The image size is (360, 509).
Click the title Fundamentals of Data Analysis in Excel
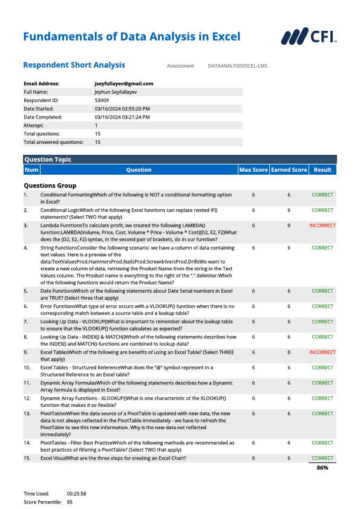[131, 37]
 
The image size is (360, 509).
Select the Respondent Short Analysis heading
[74, 65]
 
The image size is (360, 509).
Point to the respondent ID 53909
[102, 100]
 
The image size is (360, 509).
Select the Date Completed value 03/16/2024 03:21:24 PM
[122, 117]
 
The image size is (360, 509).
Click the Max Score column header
[253, 170]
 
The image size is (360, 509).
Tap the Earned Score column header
[289, 170]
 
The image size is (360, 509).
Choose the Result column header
[322, 170]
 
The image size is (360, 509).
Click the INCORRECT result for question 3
[322, 225]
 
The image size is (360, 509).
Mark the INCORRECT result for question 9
[322, 352]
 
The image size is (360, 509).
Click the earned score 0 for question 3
[289, 225]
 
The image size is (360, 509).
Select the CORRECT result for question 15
[322, 458]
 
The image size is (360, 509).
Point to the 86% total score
[322, 468]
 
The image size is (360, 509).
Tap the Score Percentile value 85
[70, 502]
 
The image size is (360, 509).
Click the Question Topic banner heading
[48, 160]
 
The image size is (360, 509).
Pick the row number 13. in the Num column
[27, 413]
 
